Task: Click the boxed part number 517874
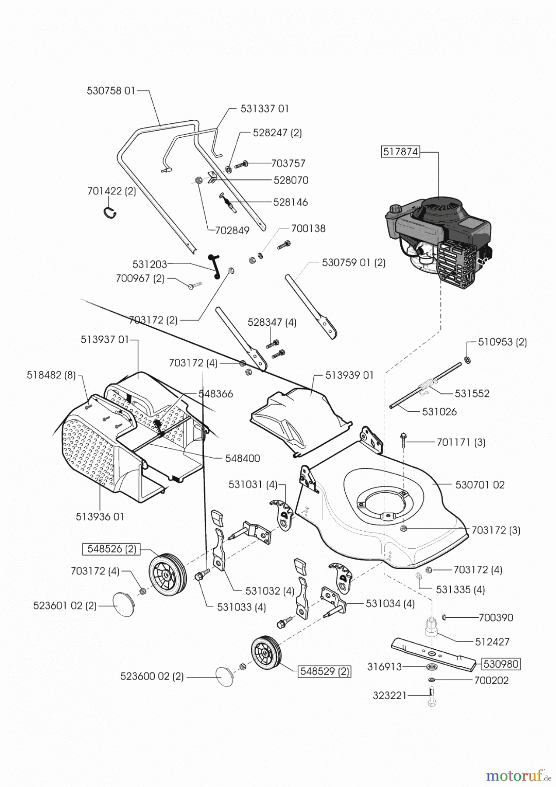point(400,152)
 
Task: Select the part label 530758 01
point(111,91)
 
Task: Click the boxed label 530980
point(501,664)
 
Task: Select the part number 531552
point(472,393)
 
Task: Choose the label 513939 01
point(350,375)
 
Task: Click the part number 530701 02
point(480,484)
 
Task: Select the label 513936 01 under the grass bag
point(100,516)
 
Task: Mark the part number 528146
point(290,202)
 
